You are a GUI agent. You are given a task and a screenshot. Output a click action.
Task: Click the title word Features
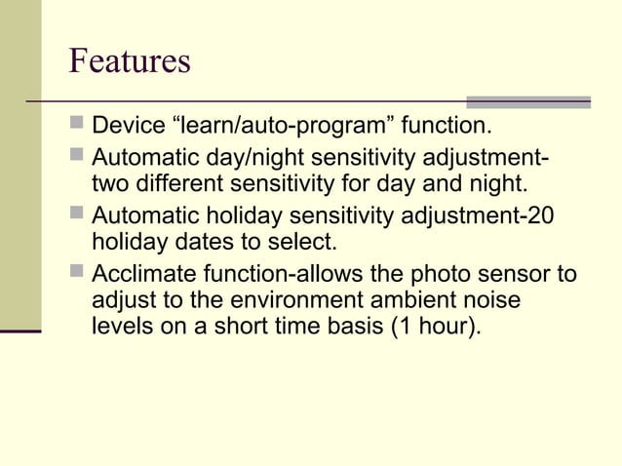tap(130, 60)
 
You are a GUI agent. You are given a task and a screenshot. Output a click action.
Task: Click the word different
tap(182, 183)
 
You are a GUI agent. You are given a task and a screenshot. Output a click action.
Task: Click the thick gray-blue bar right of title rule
tap(528, 101)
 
